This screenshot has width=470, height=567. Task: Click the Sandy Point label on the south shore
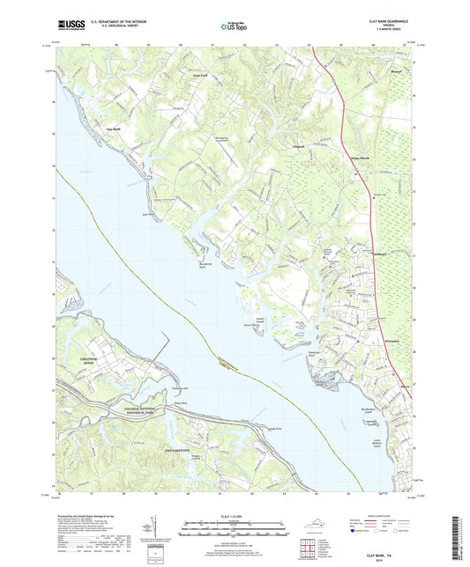pyautogui.click(x=274, y=428)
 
